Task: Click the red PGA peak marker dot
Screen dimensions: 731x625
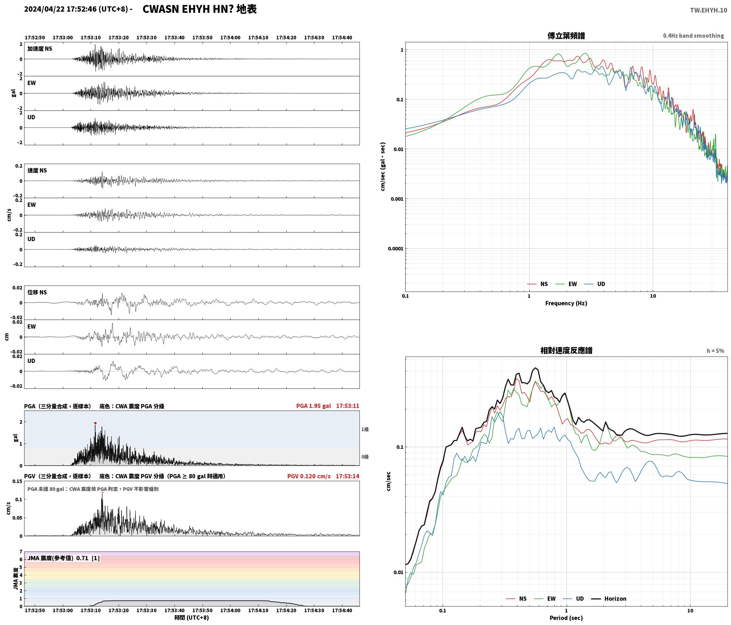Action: (x=95, y=423)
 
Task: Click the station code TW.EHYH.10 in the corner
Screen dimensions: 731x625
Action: (x=709, y=10)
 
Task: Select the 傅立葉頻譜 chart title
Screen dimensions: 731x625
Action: (x=566, y=36)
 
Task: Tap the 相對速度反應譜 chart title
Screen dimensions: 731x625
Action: (x=566, y=350)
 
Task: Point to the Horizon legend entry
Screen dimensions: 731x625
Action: (x=609, y=598)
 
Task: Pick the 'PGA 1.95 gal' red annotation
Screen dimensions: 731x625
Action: (x=313, y=406)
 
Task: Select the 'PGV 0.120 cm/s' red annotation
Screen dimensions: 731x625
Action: (x=309, y=476)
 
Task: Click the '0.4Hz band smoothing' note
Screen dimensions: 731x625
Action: (x=693, y=36)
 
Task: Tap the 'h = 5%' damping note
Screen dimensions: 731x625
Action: (x=715, y=351)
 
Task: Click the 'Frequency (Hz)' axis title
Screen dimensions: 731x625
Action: (x=566, y=303)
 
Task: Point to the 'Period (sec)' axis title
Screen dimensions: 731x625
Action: (x=566, y=618)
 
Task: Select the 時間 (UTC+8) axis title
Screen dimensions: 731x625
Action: (x=191, y=618)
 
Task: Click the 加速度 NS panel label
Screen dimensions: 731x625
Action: (x=40, y=49)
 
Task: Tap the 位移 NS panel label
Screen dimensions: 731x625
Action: (x=37, y=292)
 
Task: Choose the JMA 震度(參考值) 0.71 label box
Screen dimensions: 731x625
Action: (x=64, y=558)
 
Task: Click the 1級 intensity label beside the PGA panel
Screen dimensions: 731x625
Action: (x=365, y=429)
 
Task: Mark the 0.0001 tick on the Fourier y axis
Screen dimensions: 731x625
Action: (x=395, y=249)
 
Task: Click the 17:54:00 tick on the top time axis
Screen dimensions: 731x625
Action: (x=230, y=38)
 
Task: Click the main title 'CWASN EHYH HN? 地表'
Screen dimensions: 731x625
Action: (x=200, y=9)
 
